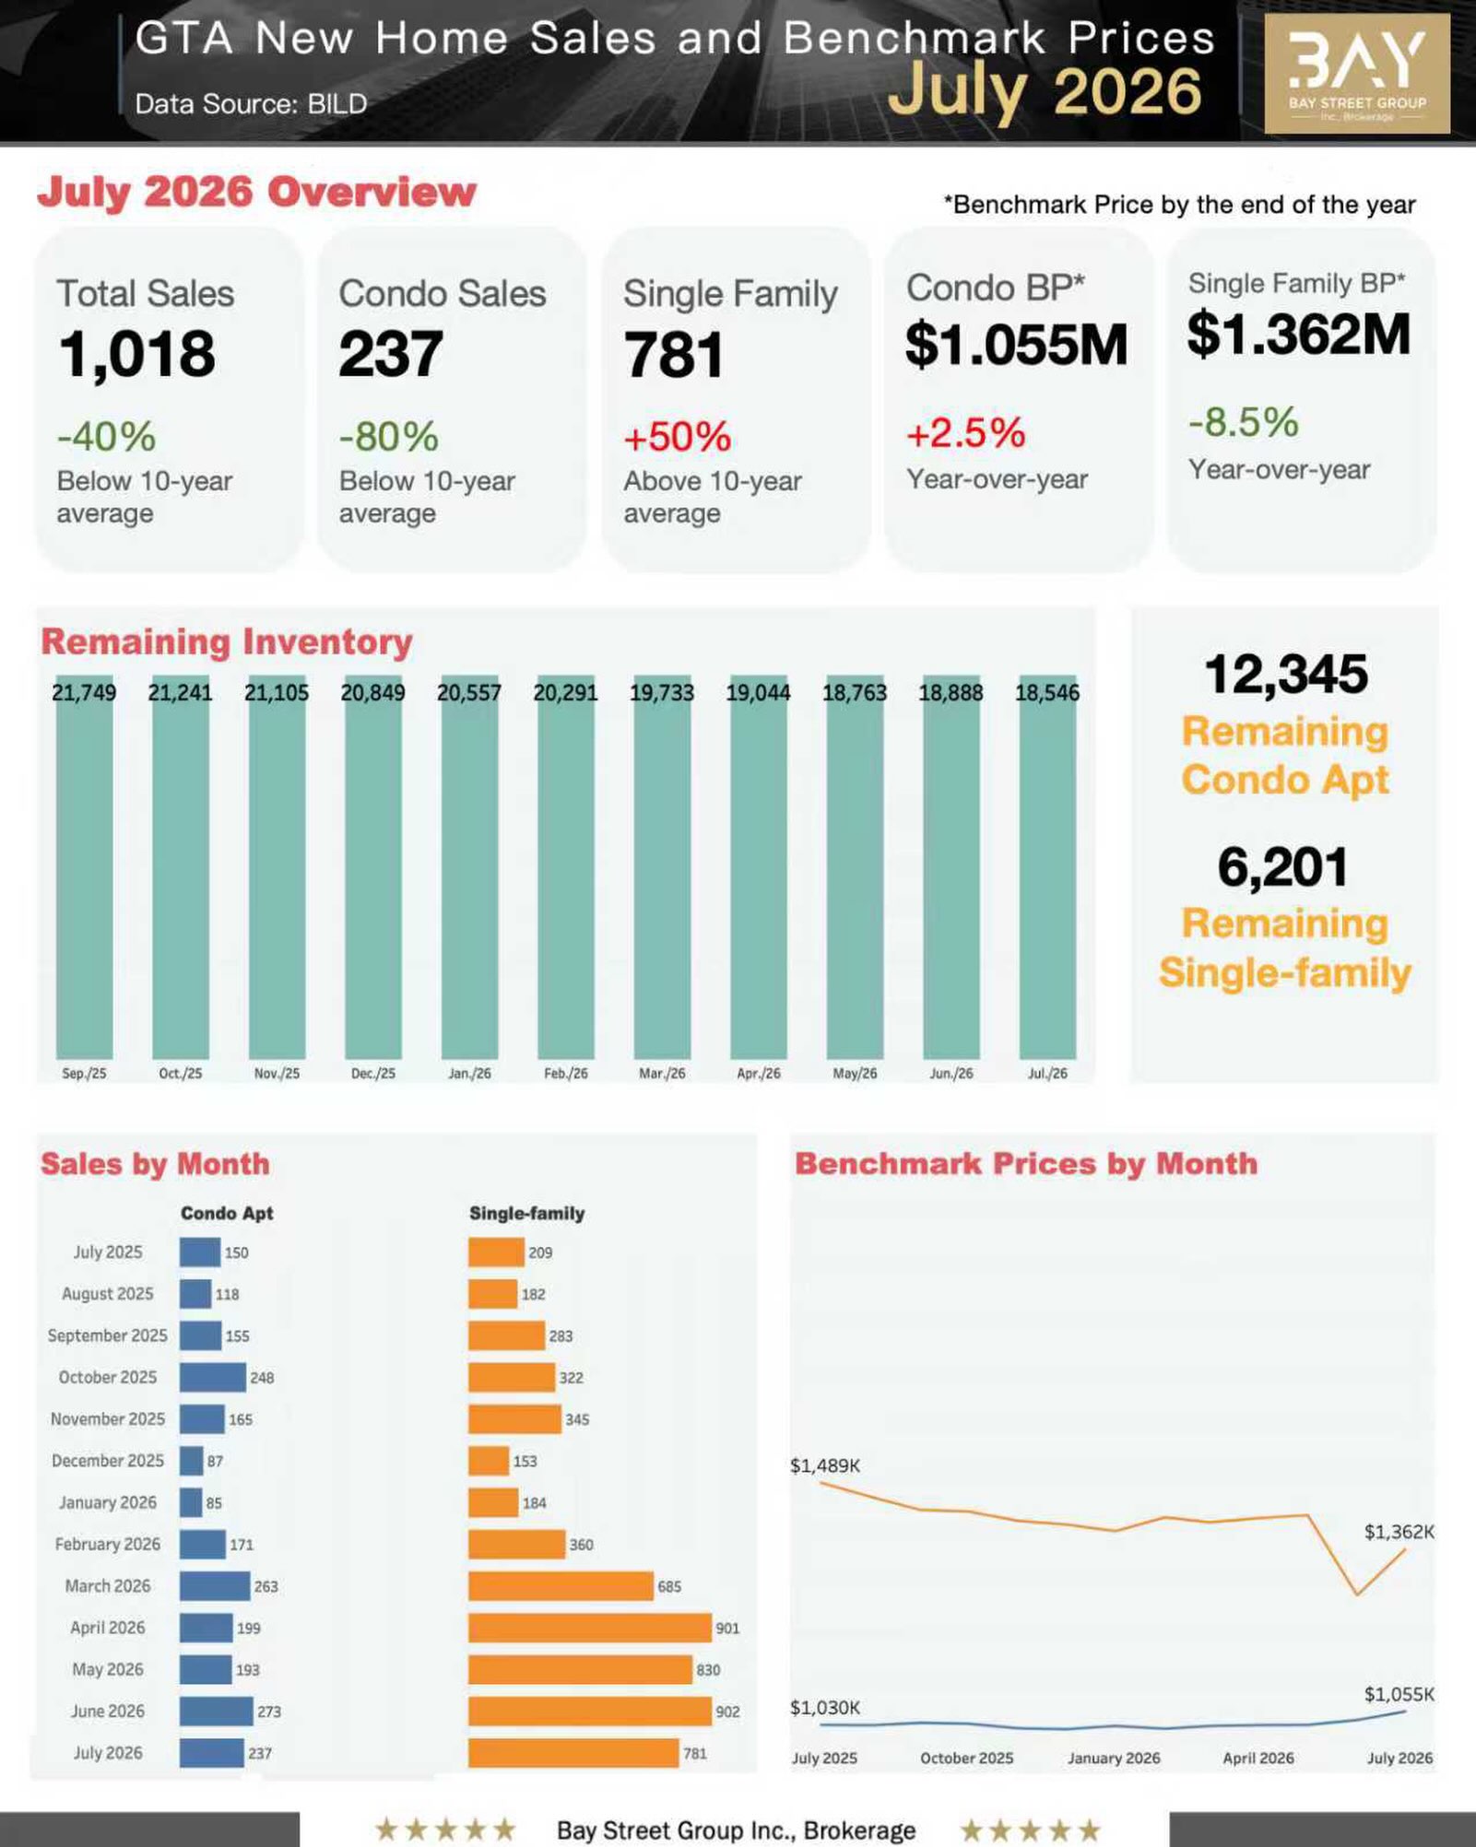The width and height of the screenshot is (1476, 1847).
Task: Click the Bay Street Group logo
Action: coord(1356,74)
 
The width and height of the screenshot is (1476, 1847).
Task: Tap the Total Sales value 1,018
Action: coord(137,354)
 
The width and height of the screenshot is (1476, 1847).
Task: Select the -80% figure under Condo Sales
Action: coord(388,437)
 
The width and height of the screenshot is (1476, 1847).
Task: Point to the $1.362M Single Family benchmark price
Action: coord(1298,334)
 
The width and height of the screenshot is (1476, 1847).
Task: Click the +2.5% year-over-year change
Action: coord(965,433)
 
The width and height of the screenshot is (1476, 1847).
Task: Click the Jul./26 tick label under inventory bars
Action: coord(1047,1074)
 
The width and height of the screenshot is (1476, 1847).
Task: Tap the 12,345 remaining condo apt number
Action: coord(1286,674)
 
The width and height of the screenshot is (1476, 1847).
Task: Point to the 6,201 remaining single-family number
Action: coord(1282,867)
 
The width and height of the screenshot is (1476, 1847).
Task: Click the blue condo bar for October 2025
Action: coord(213,1377)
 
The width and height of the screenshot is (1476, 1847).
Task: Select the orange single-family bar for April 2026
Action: coord(590,1628)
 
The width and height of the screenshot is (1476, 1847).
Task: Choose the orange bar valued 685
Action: coord(561,1586)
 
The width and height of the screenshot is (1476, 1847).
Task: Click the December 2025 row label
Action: coord(108,1461)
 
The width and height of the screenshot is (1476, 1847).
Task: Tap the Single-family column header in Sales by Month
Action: coord(526,1213)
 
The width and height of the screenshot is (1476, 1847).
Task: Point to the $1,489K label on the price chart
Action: coord(825,1465)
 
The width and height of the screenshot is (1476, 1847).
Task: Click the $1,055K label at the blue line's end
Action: coord(1399,1694)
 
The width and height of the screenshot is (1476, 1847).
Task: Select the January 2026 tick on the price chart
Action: coord(1114,1758)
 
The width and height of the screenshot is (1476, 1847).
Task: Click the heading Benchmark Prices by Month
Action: coord(1026,1163)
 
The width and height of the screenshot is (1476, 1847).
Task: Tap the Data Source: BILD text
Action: coord(251,103)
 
